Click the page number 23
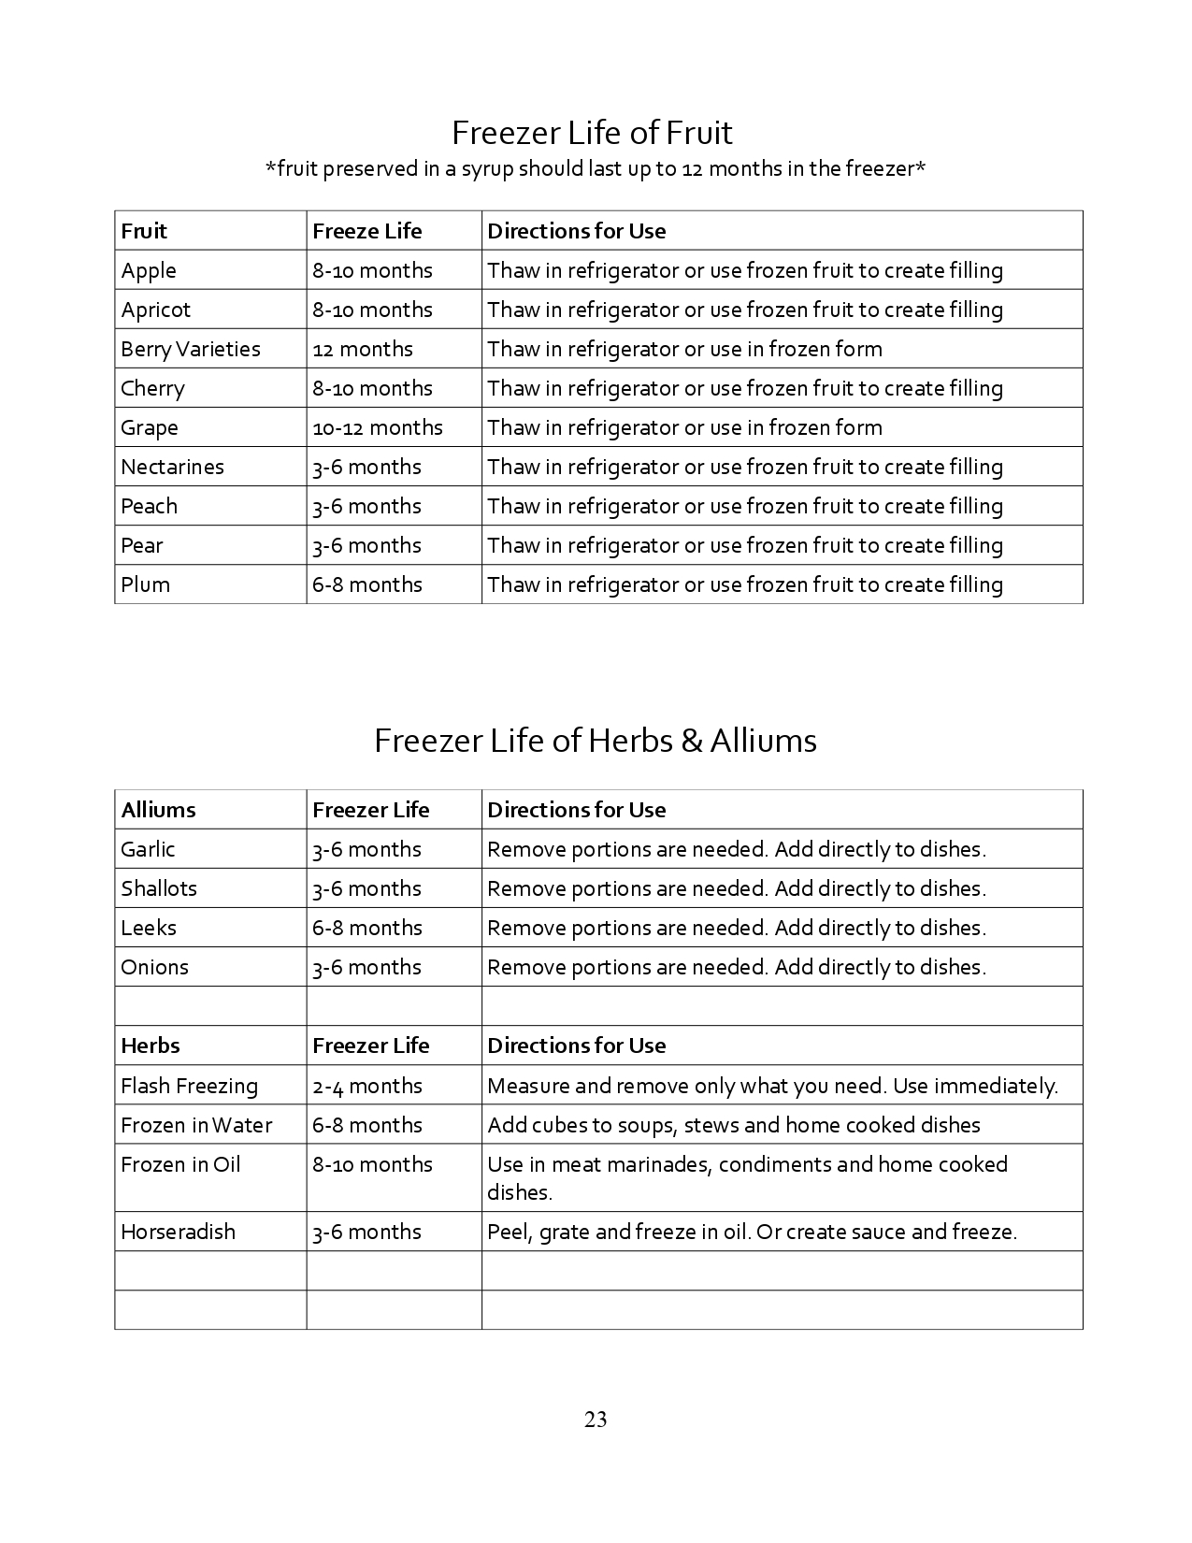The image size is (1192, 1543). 596,1420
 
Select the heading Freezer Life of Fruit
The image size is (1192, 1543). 592,133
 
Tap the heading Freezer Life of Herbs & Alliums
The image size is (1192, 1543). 596,741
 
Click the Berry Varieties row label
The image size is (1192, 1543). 191,349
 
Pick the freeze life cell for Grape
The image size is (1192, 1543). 378,427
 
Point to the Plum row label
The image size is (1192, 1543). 146,584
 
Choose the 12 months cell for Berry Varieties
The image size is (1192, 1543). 363,349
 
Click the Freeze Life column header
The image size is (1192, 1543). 367,231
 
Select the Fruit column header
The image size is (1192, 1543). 144,231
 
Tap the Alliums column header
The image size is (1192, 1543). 159,810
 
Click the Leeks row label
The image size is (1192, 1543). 149,928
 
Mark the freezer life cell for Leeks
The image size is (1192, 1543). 367,928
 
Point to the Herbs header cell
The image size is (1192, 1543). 151,1045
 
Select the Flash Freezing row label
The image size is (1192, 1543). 189,1086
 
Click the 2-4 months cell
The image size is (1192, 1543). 367,1086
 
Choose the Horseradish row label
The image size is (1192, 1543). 178,1232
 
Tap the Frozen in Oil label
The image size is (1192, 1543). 180,1164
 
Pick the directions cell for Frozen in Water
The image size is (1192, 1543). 734,1125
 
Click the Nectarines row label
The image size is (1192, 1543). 172,467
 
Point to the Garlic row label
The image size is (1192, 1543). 148,849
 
